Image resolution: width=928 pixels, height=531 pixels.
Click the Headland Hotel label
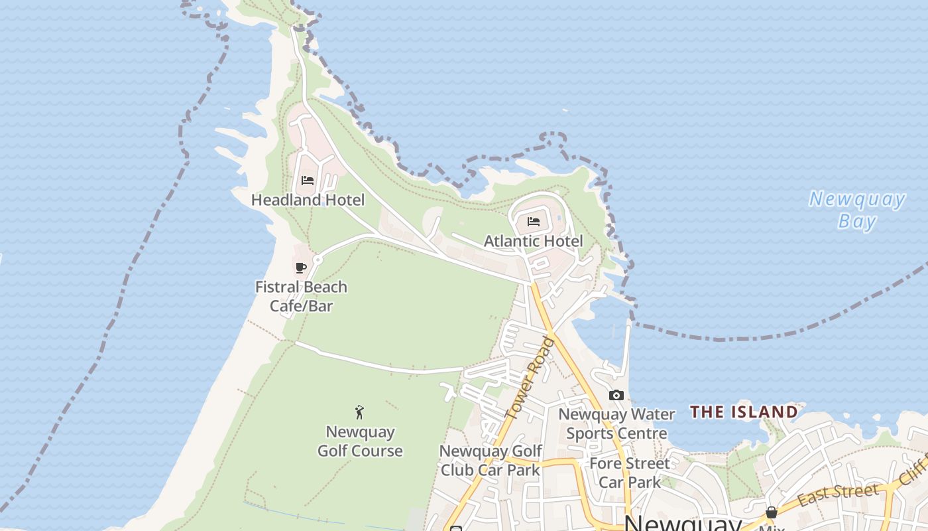pos(308,199)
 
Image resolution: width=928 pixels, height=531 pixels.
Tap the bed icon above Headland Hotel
pos(307,181)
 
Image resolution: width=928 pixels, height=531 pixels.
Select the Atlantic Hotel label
pos(533,241)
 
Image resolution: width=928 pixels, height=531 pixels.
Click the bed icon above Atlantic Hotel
pos(534,222)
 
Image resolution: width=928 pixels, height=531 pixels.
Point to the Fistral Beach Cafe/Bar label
pos(301,296)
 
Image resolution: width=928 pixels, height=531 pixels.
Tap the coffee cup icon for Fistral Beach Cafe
pos(300,267)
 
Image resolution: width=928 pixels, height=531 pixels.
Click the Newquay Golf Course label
pos(360,441)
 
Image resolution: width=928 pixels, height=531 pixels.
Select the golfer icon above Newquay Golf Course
pos(359,412)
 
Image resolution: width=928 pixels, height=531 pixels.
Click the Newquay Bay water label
pos(856,210)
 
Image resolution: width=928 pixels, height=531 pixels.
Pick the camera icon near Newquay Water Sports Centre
pos(616,396)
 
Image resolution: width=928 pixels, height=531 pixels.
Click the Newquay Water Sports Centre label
pos(616,423)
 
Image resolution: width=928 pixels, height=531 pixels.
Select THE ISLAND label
pos(744,412)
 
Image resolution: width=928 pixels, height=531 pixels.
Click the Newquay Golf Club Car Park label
pos(490,461)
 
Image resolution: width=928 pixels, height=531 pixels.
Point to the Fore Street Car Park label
pos(629,472)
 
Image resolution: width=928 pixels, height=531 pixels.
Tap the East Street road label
pos(839,494)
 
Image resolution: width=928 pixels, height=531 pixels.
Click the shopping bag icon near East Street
pos(771,512)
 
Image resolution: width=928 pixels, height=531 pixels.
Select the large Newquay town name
pos(683,523)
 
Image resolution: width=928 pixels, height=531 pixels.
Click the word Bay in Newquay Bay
pos(856,221)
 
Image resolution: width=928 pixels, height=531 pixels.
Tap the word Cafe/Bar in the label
pos(301,306)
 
